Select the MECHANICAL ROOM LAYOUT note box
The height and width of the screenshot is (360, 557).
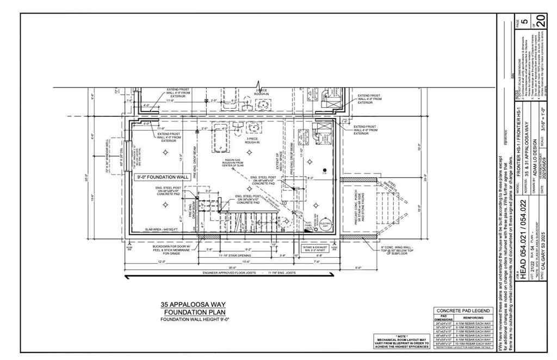401,341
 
